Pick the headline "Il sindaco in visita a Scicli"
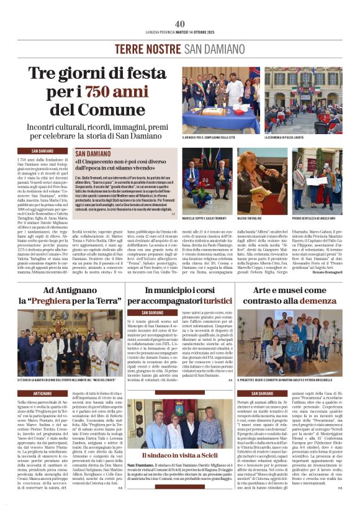point(180,455)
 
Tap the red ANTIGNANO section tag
point(43,393)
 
